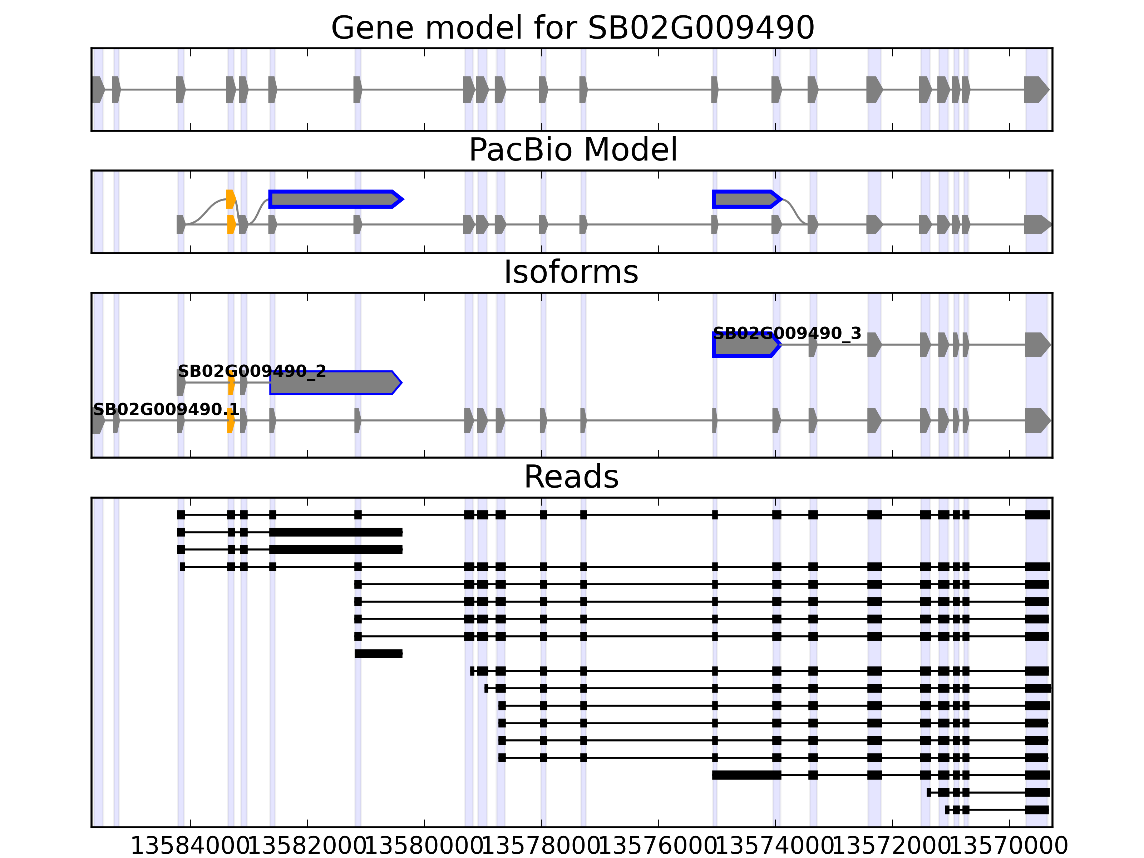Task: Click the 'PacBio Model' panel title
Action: coord(572,150)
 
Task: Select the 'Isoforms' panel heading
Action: coord(571,272)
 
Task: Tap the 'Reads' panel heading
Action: coord(571,477)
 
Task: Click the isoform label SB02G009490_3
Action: coord(786,334)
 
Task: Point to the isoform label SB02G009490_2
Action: coord(252,371)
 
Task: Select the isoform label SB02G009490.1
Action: coord(166,410)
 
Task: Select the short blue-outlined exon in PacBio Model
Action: coord(746,199)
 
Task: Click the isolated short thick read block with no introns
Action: coord(378,654)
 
